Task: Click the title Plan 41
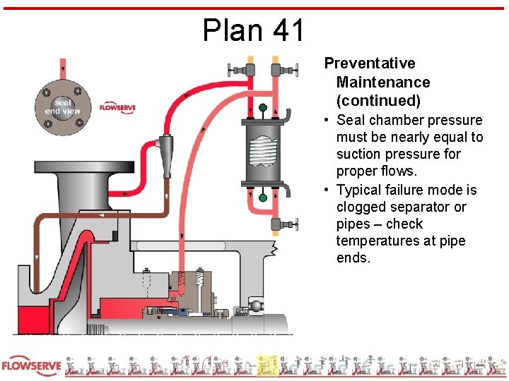[x=254, y=30]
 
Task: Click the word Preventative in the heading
[x=370, y=64]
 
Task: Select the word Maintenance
[x=383, y=82]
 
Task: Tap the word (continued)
[x=379, y=100]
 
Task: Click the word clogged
[x=362, y=207]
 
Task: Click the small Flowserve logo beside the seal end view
[x=117, y=107]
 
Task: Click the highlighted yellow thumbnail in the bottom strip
[x=267, y=365]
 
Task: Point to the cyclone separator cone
[x=166, y=151]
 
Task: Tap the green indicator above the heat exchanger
[x=263, y=108]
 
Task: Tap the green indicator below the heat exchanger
[x=263, y=198]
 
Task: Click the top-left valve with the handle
[x=240, y=70]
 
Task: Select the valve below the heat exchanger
[x=280, y=224]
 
